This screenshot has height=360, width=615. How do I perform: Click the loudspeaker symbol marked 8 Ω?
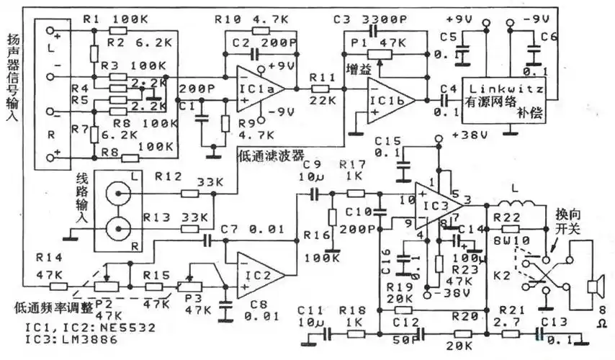594,287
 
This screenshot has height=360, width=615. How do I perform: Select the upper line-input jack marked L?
118,193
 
